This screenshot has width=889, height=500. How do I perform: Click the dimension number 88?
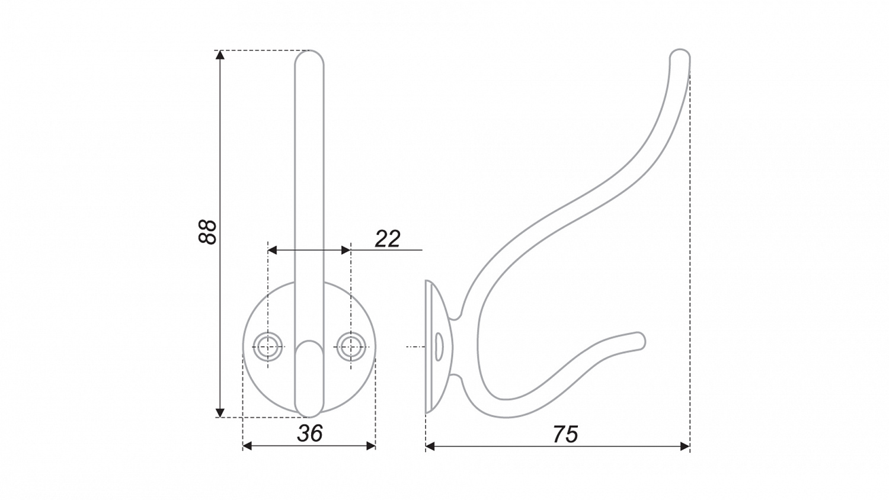pyautogui.click(x=207, y=232)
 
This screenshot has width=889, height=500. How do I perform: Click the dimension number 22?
pyautogui.click(x=388, y=239)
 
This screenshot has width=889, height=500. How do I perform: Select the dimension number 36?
pyautogui.click(x=310, y=433)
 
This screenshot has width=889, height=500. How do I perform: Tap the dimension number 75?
pyautogui.click(x=565, y=434)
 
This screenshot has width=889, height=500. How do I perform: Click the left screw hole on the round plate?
pyautogui.click(x=268, y=347)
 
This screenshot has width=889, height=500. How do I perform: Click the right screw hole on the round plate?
pyautogui.click(x=351, y=347)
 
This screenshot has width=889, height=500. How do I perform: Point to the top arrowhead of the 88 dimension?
pyautogui.click(x=220, y=55)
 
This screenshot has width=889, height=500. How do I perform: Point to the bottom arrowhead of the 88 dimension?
pyautogui.click(x=220, y=412)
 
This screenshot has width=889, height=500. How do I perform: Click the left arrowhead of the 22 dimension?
pyautogui.click(x=273, y=250)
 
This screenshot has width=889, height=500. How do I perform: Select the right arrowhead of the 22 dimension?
pyautogui.click(x=346, y=250)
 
